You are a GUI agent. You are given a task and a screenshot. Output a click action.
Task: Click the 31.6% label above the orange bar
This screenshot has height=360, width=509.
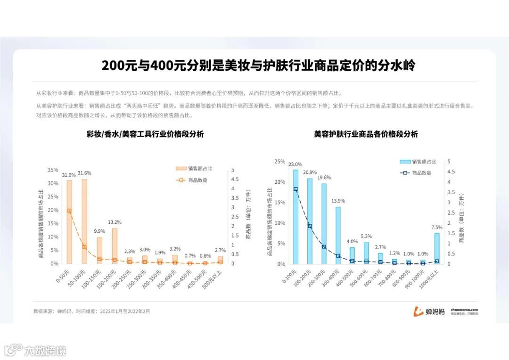click(84, 173)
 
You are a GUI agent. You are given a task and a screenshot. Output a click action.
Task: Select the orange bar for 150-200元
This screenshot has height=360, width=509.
click(115, 245)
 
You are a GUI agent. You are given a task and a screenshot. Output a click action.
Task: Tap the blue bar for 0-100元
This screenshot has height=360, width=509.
click(296, 217)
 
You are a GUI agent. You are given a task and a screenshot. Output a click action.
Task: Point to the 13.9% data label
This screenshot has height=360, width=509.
click(338, 201)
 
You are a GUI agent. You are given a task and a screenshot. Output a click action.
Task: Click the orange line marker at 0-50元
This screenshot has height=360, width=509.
click(69, 211)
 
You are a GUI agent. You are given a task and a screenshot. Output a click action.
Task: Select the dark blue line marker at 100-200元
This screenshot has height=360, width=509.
click(310, 226)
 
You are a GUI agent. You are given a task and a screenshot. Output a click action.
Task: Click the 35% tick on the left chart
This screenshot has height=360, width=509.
click(53, 170)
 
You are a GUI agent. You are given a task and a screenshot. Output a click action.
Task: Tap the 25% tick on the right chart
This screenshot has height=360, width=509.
click(279, 162)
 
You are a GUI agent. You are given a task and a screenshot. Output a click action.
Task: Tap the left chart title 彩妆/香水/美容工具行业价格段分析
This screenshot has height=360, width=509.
click(145, 134)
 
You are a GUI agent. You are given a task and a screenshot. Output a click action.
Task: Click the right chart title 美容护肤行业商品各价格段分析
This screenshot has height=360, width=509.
click(366, 134)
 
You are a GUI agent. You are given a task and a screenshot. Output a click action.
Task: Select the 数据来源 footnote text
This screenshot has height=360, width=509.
click(91, 311)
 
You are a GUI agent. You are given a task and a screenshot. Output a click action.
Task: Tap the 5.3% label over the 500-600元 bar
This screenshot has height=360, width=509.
click(366, 236)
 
